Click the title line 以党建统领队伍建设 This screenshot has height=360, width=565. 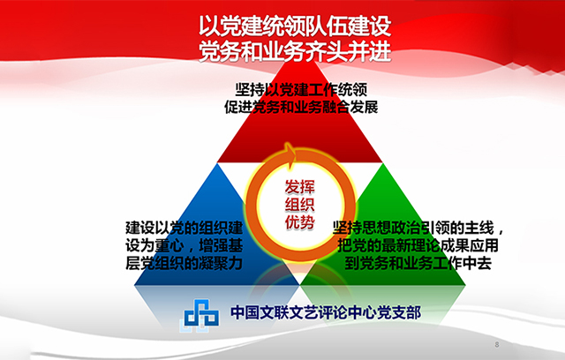(x=295, y=26)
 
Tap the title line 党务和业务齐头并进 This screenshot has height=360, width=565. (x=295, y=51)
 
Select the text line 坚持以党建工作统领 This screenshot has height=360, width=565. (x=301, y=89)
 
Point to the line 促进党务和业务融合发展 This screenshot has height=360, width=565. (x=301, y=107)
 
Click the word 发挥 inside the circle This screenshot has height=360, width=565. (x=300, y=186)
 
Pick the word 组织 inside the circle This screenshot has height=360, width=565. (x=300, y=204)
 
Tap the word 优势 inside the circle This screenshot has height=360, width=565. (x=300, y=221)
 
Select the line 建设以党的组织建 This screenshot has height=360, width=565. (x=185, y=228)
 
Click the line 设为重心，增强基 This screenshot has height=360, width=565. (x=185, y=246)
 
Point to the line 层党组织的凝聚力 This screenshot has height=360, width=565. (x=185, y=264)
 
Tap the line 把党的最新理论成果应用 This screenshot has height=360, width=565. (x=418, y=246)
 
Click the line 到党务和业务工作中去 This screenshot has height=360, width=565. (x=418, y=264)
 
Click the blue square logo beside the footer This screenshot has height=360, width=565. (x=201, y=314)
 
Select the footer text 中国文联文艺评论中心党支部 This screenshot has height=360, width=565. (x=326, y=312)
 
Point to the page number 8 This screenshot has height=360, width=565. (x=497, y=344)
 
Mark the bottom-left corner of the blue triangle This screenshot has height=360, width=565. (x=134, y=285)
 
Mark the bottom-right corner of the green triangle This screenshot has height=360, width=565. (x=465, y=285)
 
